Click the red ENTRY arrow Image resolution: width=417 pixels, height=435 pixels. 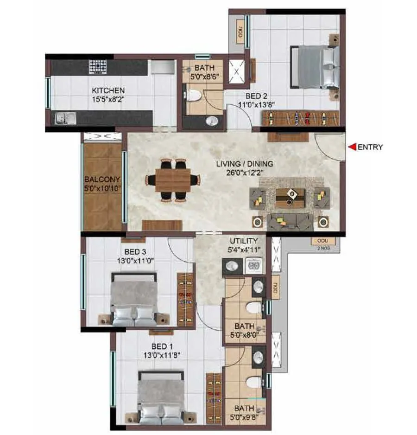pyautogui.click(x=352, y=147)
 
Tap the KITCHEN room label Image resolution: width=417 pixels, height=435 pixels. pyautogui.click(x=107, y=90)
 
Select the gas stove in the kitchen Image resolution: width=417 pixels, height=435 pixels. pyautogui.click(x=98, y=66)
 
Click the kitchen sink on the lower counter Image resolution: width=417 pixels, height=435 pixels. pyautogui.click(x=62, y=119)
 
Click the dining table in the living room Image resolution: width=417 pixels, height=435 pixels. pyautogui.click(x=173, y=180)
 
